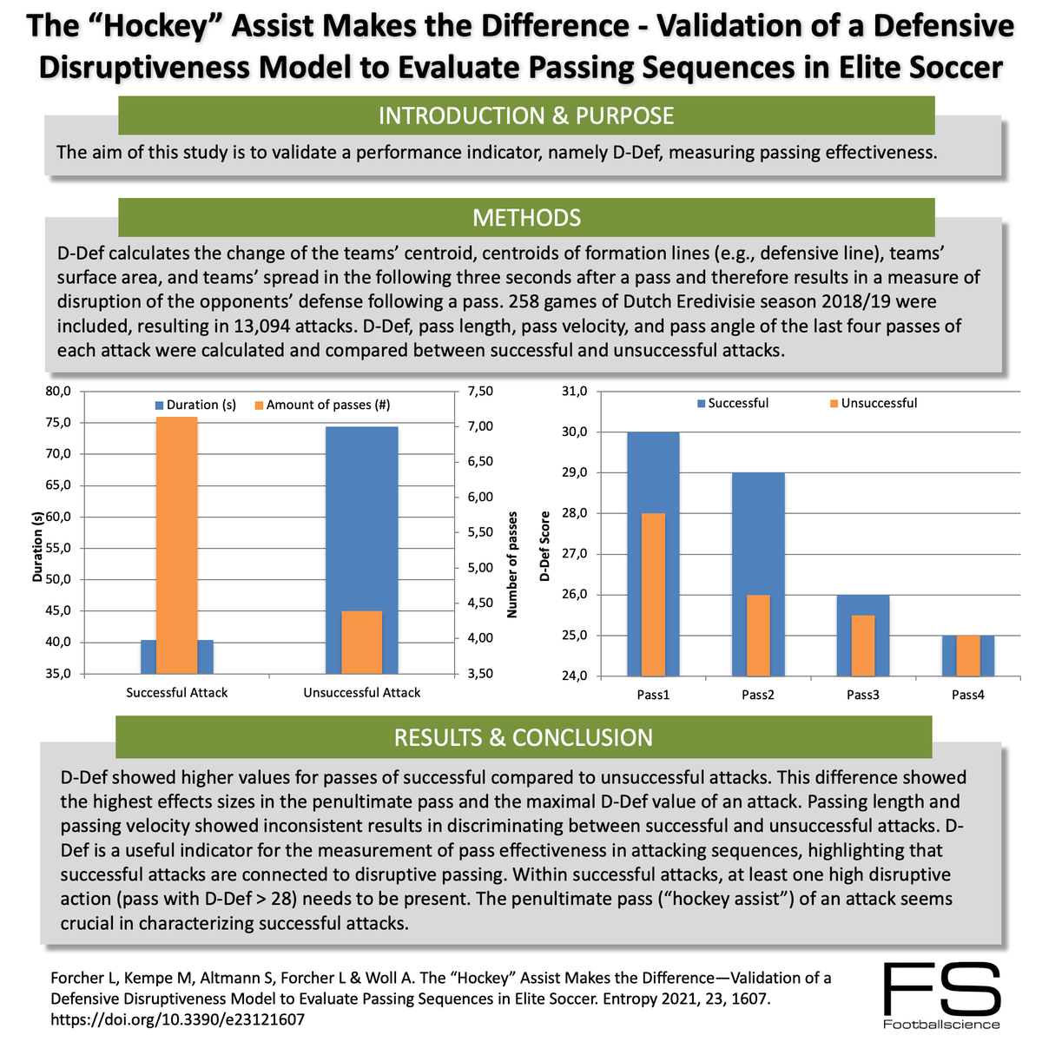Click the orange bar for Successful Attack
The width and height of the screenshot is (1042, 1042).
point(177,544)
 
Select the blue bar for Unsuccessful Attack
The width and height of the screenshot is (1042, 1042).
point(361,521)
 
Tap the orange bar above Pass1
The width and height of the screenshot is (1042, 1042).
point(653,594)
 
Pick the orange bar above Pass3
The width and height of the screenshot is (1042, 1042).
point(862,644)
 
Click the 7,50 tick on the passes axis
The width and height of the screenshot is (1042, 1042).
point(480,392)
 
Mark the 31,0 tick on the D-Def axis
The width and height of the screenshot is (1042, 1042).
point(577,392)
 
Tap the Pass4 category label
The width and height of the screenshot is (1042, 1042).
point(967,695)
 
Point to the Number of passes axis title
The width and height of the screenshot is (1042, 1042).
point(511,564)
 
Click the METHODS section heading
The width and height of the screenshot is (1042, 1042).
point(526,217)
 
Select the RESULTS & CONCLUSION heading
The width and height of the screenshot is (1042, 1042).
point(523,737)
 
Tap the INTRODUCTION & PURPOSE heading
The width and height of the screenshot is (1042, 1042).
point(526,115)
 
